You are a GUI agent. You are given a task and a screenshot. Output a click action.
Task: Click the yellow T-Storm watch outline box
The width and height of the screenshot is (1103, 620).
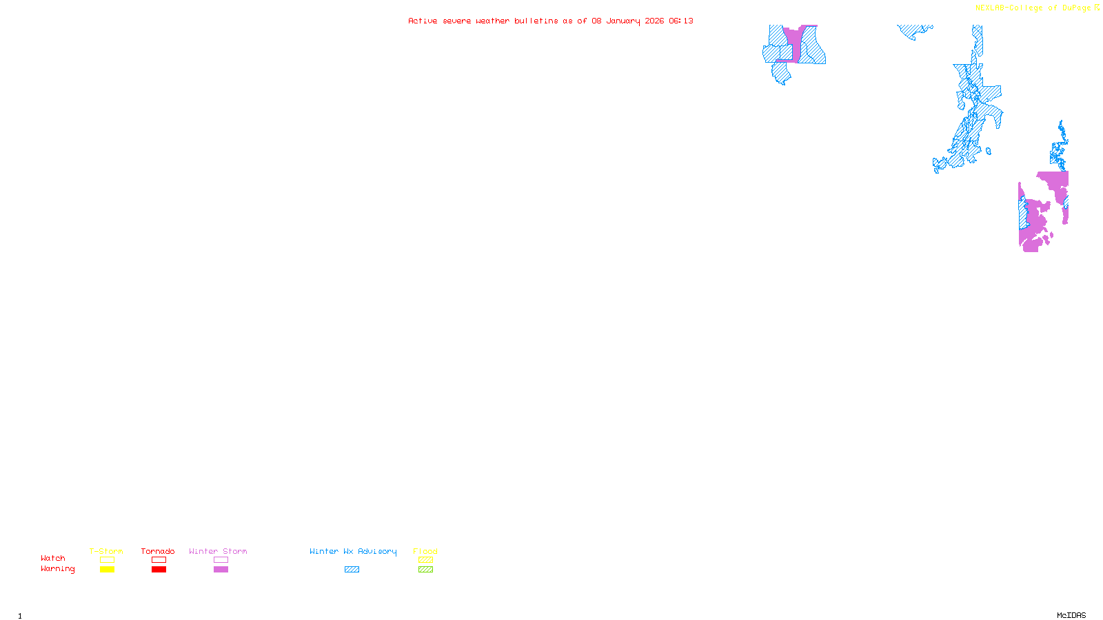click(107, 560)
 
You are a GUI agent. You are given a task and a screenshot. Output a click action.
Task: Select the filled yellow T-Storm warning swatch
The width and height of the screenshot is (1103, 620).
click(107, 570)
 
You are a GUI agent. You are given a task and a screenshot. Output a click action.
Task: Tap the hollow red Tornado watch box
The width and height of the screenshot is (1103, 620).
click(159, 560)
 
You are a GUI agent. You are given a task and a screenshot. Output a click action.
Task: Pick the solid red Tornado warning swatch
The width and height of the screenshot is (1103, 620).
click(159, 570)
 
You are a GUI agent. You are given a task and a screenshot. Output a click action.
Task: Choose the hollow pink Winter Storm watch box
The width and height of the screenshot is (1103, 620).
click(221, 560)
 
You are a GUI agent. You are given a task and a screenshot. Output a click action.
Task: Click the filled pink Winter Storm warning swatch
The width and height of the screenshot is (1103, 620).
click(221, 570)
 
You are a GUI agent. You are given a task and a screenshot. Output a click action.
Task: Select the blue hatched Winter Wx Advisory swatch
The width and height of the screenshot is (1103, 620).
click(352, 570)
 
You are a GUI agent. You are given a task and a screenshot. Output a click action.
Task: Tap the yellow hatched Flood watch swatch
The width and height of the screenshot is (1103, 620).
click(425, 560)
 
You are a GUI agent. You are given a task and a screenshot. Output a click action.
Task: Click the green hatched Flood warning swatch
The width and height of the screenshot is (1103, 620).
click(425, 570)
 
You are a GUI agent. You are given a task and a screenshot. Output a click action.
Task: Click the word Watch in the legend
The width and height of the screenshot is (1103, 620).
click(53, 559)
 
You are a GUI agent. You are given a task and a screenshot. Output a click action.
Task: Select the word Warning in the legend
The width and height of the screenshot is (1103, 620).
click(57, 569)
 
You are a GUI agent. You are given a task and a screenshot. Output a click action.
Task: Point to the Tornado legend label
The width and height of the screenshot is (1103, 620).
click(158, 551)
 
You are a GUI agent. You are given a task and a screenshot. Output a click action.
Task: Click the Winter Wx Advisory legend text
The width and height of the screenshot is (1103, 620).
click(353, 551)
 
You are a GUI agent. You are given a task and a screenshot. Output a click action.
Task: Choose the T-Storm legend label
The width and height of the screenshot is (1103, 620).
click(106, 551)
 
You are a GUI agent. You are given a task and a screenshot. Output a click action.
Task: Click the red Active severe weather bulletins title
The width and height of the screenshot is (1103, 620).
click(550, 21)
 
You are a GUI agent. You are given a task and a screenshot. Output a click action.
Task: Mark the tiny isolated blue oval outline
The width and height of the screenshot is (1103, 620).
click(989, 152)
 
